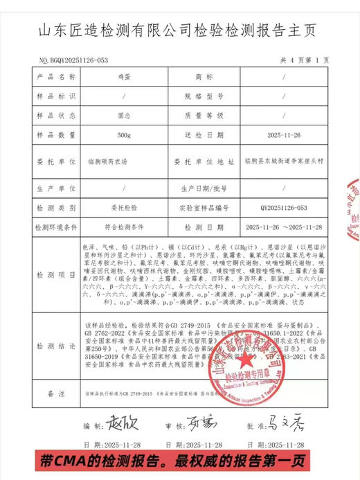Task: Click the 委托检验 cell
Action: (124, 206)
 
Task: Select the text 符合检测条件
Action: (124, 226)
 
